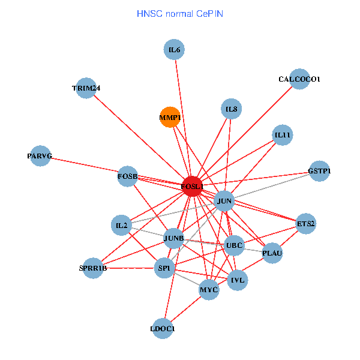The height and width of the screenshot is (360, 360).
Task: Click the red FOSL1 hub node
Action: click(x=192, y=187)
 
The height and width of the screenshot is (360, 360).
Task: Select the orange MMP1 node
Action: click(x=170, y=118)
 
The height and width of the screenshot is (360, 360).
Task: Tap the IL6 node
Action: click(x=174, y=50)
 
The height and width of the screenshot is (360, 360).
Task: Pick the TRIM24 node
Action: click(x=86, y=88)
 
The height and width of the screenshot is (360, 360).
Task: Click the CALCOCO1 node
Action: click(x=299, y=79)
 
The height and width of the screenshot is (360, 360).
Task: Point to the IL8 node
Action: click(x=230, y=109)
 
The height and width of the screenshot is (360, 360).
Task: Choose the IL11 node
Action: click(x=282, y=136)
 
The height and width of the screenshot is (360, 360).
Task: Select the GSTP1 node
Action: click(x=319, y=171)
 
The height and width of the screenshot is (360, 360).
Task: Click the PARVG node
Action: click(x=40, y=156)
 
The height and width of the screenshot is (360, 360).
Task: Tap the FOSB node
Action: click(x=127, y=176)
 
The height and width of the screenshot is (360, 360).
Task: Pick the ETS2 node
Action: click(x=305, y=224)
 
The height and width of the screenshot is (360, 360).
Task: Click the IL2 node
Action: click(x=122, y=226)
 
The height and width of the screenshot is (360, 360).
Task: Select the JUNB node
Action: click(x=173, y=238)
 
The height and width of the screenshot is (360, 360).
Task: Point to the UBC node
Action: click(x=233, y=245)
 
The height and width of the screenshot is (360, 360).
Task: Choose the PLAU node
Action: click(x=272, y=253)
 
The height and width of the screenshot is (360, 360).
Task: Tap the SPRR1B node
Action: click(x=93, y=268)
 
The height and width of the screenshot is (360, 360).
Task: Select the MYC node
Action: click(x=209, y=290)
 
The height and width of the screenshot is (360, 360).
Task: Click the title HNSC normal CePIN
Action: click(x=180, y=13)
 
